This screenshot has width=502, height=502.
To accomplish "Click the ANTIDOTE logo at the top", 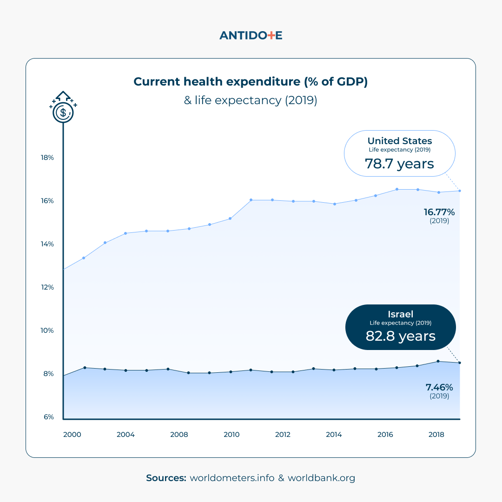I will pos(251,35).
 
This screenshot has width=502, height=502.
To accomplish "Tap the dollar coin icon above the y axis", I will pos(63,112).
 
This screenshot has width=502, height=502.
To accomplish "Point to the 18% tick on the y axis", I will pos(47,158).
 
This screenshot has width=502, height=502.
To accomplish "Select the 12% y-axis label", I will pos(47,287).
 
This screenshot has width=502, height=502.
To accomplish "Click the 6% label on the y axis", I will pos(49,417).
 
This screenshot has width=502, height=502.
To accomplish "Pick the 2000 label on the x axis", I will pos(72,435).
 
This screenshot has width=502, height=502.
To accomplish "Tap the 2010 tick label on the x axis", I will pos(231,435).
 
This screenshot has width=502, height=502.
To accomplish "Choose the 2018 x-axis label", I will pos(436,435).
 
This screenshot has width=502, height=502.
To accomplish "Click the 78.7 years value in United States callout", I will pos(399,164).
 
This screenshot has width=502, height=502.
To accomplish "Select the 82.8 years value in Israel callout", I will pos(400,336).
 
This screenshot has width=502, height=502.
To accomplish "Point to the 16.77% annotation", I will pos(439,212).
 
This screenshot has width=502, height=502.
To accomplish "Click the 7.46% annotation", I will pos(439,387).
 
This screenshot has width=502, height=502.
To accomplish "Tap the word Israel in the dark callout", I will pos(400,314).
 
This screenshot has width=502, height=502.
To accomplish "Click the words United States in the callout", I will pos(399,141).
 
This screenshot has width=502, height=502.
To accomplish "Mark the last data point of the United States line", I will pos(459,191).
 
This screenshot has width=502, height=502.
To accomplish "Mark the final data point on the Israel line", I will pos(459,363).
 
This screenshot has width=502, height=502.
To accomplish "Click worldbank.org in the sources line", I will pos(321,478).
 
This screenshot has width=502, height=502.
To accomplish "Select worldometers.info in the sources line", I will pos(232,478).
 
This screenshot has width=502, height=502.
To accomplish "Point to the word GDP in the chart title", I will pos(347,82).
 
